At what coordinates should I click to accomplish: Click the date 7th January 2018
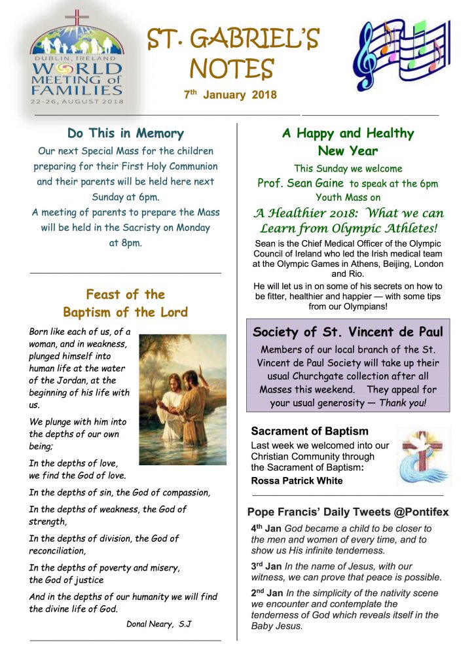pos(230,95)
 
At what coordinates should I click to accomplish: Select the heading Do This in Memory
pos(125,133)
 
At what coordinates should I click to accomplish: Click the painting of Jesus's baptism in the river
pos(182,398)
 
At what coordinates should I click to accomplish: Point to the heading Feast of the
pos(125,294)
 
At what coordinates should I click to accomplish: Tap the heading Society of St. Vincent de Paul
pos(348,332)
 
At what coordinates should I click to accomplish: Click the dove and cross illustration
pos(423,456)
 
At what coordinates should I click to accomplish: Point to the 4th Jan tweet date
pos(265,529)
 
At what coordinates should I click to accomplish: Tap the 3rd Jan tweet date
pos(265,566)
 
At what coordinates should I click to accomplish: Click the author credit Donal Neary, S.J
pos(158,624)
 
